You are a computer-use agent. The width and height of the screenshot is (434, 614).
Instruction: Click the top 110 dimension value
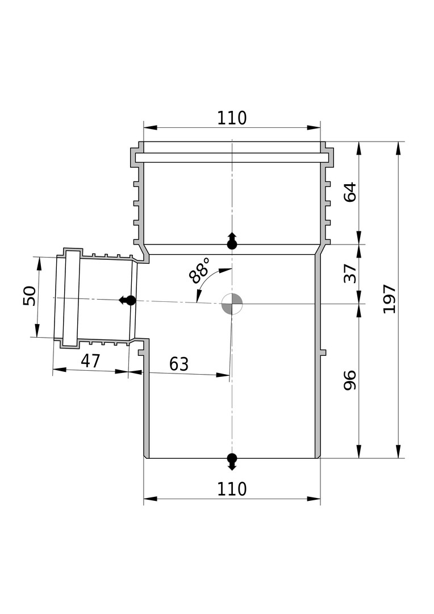(x=232, y=118)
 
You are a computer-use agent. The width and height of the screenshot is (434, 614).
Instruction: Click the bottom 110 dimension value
(x=232, y=489)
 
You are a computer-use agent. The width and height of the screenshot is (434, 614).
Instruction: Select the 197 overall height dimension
(x=389, y=299)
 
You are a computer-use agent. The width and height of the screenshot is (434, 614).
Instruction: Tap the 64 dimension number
(x=350, y=192)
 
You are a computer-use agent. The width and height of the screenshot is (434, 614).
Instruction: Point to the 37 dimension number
(x=350, y=273)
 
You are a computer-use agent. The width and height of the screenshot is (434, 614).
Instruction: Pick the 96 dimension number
(x=350, y=380)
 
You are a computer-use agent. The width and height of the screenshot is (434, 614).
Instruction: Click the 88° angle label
(x=199, y=270)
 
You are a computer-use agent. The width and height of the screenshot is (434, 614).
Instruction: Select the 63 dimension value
(x=179, y=364)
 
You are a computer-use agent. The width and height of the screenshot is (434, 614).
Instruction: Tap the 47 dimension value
(x=91, y=360)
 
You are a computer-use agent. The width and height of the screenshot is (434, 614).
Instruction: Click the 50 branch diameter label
(x=30, y=296)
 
